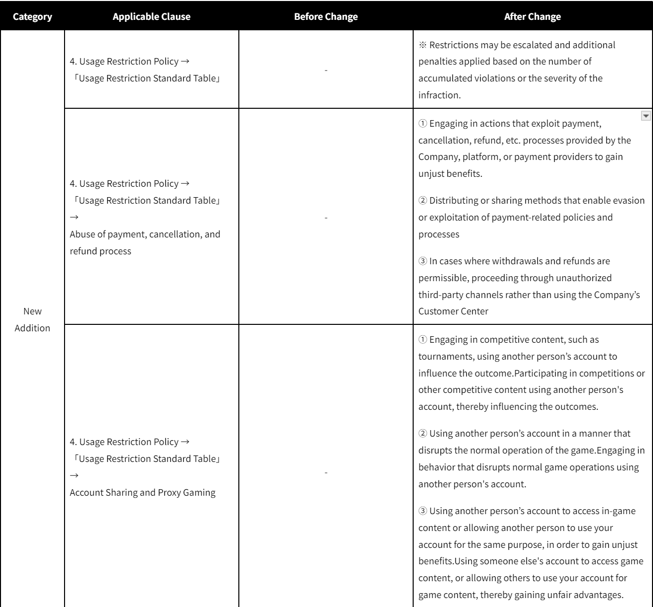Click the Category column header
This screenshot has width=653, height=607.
[x=32, y=16]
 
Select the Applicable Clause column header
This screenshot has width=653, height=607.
[x=151, y=16]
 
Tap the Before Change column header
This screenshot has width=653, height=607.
[x=326, y=16]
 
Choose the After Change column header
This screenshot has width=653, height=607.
[x=532, y=16]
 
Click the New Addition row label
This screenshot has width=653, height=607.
[x=32, y=319]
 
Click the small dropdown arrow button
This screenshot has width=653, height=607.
[x=646, y=116]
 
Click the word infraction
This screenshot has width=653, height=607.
[x=439, y=95]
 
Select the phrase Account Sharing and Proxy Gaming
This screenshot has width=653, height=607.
[x=143, y=493]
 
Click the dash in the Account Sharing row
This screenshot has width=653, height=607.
[x=326, y=472]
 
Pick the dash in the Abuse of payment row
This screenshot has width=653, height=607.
[x=326, y=218]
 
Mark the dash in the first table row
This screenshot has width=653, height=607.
[x=326, y=70]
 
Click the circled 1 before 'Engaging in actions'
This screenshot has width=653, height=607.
[x=423, y=123]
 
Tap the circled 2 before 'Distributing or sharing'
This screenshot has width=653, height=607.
[x=423, y=201]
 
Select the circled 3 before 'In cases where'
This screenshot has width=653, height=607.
[x=423, y=261]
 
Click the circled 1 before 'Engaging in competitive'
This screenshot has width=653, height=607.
[x=423, y=340]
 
